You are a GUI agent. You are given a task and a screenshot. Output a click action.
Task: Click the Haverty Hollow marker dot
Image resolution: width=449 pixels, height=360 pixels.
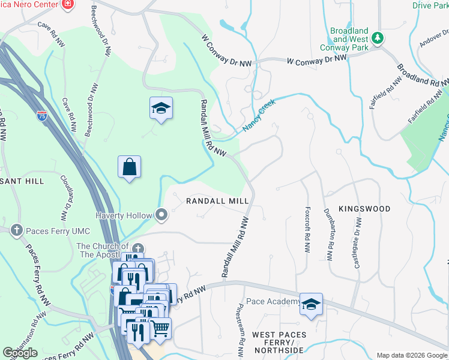point(161,214)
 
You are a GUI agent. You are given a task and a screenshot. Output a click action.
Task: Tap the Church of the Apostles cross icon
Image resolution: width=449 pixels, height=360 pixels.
point(138,249)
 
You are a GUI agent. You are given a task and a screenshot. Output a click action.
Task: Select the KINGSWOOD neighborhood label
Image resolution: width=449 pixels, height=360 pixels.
point(364,209)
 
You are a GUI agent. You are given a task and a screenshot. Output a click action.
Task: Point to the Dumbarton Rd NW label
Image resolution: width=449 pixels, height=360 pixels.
point(329,230)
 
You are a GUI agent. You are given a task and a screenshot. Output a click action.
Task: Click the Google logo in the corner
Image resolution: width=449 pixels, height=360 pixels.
point(20,353)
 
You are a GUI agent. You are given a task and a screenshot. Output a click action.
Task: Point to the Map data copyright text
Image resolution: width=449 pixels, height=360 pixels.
point(411,355)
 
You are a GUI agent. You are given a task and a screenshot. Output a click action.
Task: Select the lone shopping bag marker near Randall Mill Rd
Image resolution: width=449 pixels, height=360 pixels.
point(130,167)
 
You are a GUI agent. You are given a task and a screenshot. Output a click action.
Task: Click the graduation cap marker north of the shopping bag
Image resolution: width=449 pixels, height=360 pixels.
point(161,109)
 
